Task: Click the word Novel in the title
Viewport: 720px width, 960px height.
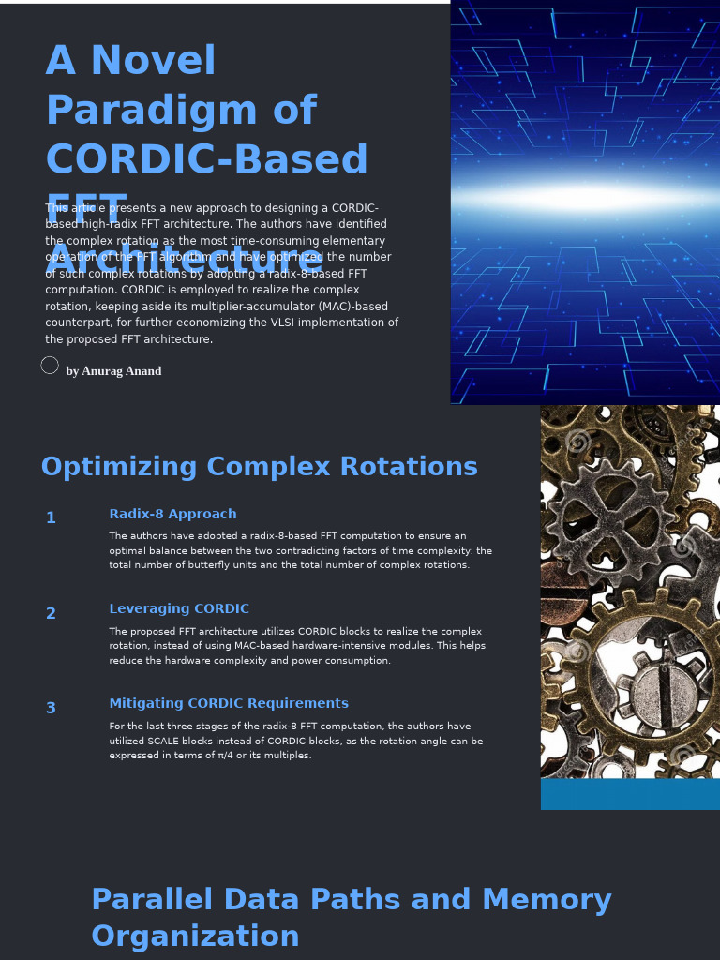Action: [x=154, y=62]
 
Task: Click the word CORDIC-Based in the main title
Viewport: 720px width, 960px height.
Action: [x=206, y=160]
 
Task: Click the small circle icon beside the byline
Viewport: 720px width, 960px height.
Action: [x=50, y=366]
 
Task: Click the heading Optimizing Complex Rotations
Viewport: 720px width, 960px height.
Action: [x=259, y=467]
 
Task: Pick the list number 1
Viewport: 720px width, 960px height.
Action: [x=51, y=518]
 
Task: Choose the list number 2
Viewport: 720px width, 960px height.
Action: [x=51, y=614]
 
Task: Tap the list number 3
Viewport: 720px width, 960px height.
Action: [x=51, y=709]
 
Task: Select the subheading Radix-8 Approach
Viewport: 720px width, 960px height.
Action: [x=172, y=515]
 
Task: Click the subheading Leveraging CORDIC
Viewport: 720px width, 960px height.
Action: [x=179, y=609]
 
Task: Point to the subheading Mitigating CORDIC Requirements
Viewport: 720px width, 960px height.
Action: [x=229, y=704]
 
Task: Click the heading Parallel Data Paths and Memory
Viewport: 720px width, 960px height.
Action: [x=351, y=900]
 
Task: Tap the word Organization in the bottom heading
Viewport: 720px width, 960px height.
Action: [x=195, y=937]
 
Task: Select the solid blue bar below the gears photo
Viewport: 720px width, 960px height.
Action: [x=630, y=794]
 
